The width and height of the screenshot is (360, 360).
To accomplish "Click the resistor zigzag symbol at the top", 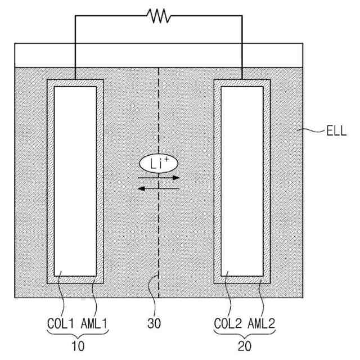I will pyautogui.click(x=159, y=16).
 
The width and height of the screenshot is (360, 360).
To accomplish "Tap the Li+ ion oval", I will pyautogui.click(x=159, y=164).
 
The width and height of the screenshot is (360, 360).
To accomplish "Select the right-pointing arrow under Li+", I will pyautogui.click(x=159, y=178).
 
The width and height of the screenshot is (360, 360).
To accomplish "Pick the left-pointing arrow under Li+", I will pyautogui.click(x=159, y=188).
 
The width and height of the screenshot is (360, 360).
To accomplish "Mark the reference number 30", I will pyautogui.click(x=160, y=325).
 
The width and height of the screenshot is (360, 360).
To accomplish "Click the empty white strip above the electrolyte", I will pyautogui.click(x=159, y=55).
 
